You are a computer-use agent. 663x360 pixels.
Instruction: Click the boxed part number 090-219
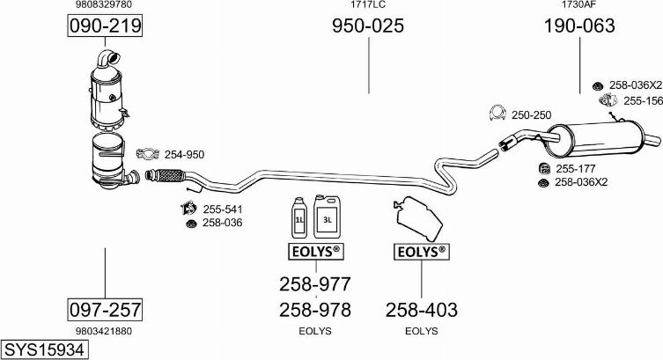point(105,26)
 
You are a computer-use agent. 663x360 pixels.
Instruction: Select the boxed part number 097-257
point(105,310)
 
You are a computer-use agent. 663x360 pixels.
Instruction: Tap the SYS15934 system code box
point(44,349)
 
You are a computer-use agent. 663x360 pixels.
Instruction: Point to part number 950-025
point(368,26)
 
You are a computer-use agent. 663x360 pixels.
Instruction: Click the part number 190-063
point(579,26)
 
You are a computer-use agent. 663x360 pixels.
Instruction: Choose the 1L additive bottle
point(299,217)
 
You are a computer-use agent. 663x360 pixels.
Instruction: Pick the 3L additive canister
point(327,217)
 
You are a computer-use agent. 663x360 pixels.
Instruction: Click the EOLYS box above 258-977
point(316,252)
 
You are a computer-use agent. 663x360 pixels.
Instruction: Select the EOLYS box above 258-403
point(422,252)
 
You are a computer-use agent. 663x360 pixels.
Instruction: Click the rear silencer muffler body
point(595,138)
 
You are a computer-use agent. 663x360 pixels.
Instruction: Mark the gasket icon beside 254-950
point(148,154)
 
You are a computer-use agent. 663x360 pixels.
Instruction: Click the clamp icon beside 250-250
point(497,113)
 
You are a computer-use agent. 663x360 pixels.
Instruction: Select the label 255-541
point(223,209)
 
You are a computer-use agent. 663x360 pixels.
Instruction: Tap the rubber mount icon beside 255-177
point(545,169)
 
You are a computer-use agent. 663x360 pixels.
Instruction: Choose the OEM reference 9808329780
point(104,4)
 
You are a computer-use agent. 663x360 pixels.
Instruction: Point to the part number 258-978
point(315,310)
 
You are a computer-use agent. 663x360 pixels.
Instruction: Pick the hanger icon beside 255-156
point(609,100)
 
